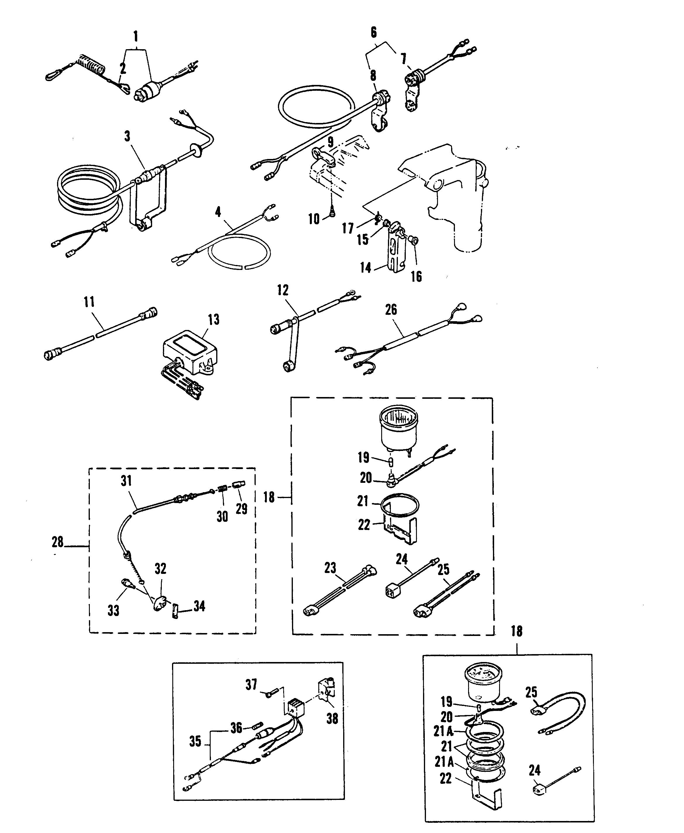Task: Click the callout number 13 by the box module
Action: click(x=214, y=320)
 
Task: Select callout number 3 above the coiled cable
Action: click(x=127, y=136)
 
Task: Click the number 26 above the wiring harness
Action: click(x=391, y=310)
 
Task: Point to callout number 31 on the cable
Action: click(x=126, y=481)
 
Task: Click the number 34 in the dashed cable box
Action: click(x=199, y=606)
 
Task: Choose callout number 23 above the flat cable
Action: click(x=330, y=568)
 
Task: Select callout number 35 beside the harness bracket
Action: click(x=195, y=742)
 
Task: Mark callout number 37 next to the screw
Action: click(x=251, y=685)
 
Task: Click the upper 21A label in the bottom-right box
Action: click(x=443, y=731)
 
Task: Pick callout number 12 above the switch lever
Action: click(x=283, y=290)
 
